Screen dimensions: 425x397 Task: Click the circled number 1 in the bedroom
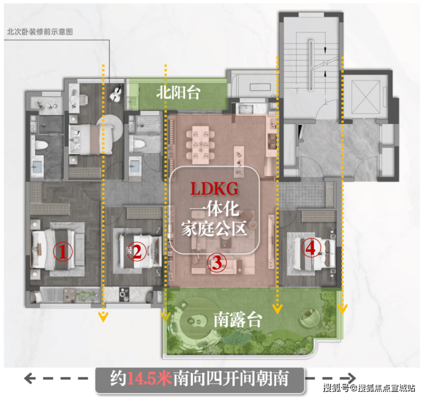pyautogui.click(x=63, y=252)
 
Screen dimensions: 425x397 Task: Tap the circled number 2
pyautogui.click(x=137, y=252)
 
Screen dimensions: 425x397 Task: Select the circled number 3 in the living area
pyautogui.click(x=217, y=263)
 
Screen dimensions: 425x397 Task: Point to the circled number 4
pyautogui.click(x=311, y=248)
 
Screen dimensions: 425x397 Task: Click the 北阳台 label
pyautogui.click(x=178, y=92)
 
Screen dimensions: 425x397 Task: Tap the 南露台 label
pyautogui.click(x=238, y=319)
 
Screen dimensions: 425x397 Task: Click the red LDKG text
pyautogui.click(x=214, y=188)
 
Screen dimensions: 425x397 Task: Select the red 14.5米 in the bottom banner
pyautogui.click(x=149, y=378)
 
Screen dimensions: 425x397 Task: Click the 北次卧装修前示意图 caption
pyautogui.click(x=40, y=32)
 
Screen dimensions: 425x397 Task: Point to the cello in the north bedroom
pyautogui.click(x=116, y=94)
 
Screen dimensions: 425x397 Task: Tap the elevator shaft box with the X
pyautogui.click(x=366, y=97)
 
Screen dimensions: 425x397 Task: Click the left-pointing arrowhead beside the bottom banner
pyautogui.click(x=29, y=378)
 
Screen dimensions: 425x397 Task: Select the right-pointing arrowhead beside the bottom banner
pyautogui.click(x=351, y=378)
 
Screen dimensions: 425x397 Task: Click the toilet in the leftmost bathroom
pyautogui.click(x=41, y=145)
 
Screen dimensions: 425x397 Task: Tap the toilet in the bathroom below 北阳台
pyautogui.click(x=140, y=143)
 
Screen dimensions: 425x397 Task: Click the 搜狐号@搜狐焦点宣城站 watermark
pyautogui.click(x=369, y=388)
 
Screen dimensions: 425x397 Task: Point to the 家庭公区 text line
pyautogui.click(x=214, y=229)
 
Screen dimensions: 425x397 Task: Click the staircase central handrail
pyautogui.click(x=311, y=65)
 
